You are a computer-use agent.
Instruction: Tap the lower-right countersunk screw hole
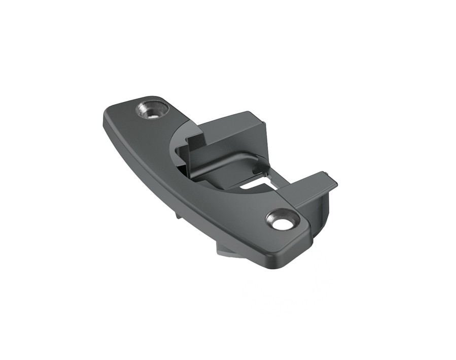[x=280, y=219]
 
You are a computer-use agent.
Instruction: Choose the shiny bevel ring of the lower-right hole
[x=274, y=215]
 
